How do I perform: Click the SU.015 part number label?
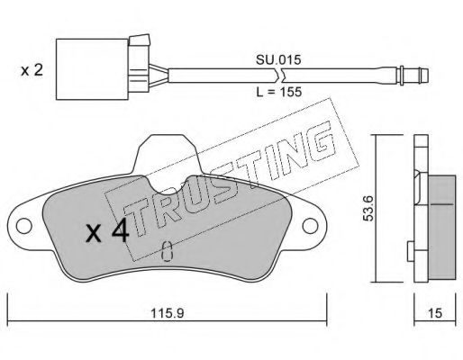tap(278, 60)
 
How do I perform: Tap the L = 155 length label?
tap(279, 92)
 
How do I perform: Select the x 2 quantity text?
tap(32, 71)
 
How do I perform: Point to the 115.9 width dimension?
tap(167, 313)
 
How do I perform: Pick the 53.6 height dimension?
tap(368, 208)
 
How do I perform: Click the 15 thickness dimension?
tap(435, 313)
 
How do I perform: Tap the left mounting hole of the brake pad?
tap(24, 226)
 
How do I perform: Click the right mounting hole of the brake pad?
tap(310, 226)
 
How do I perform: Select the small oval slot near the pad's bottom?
tap(167, 251)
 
